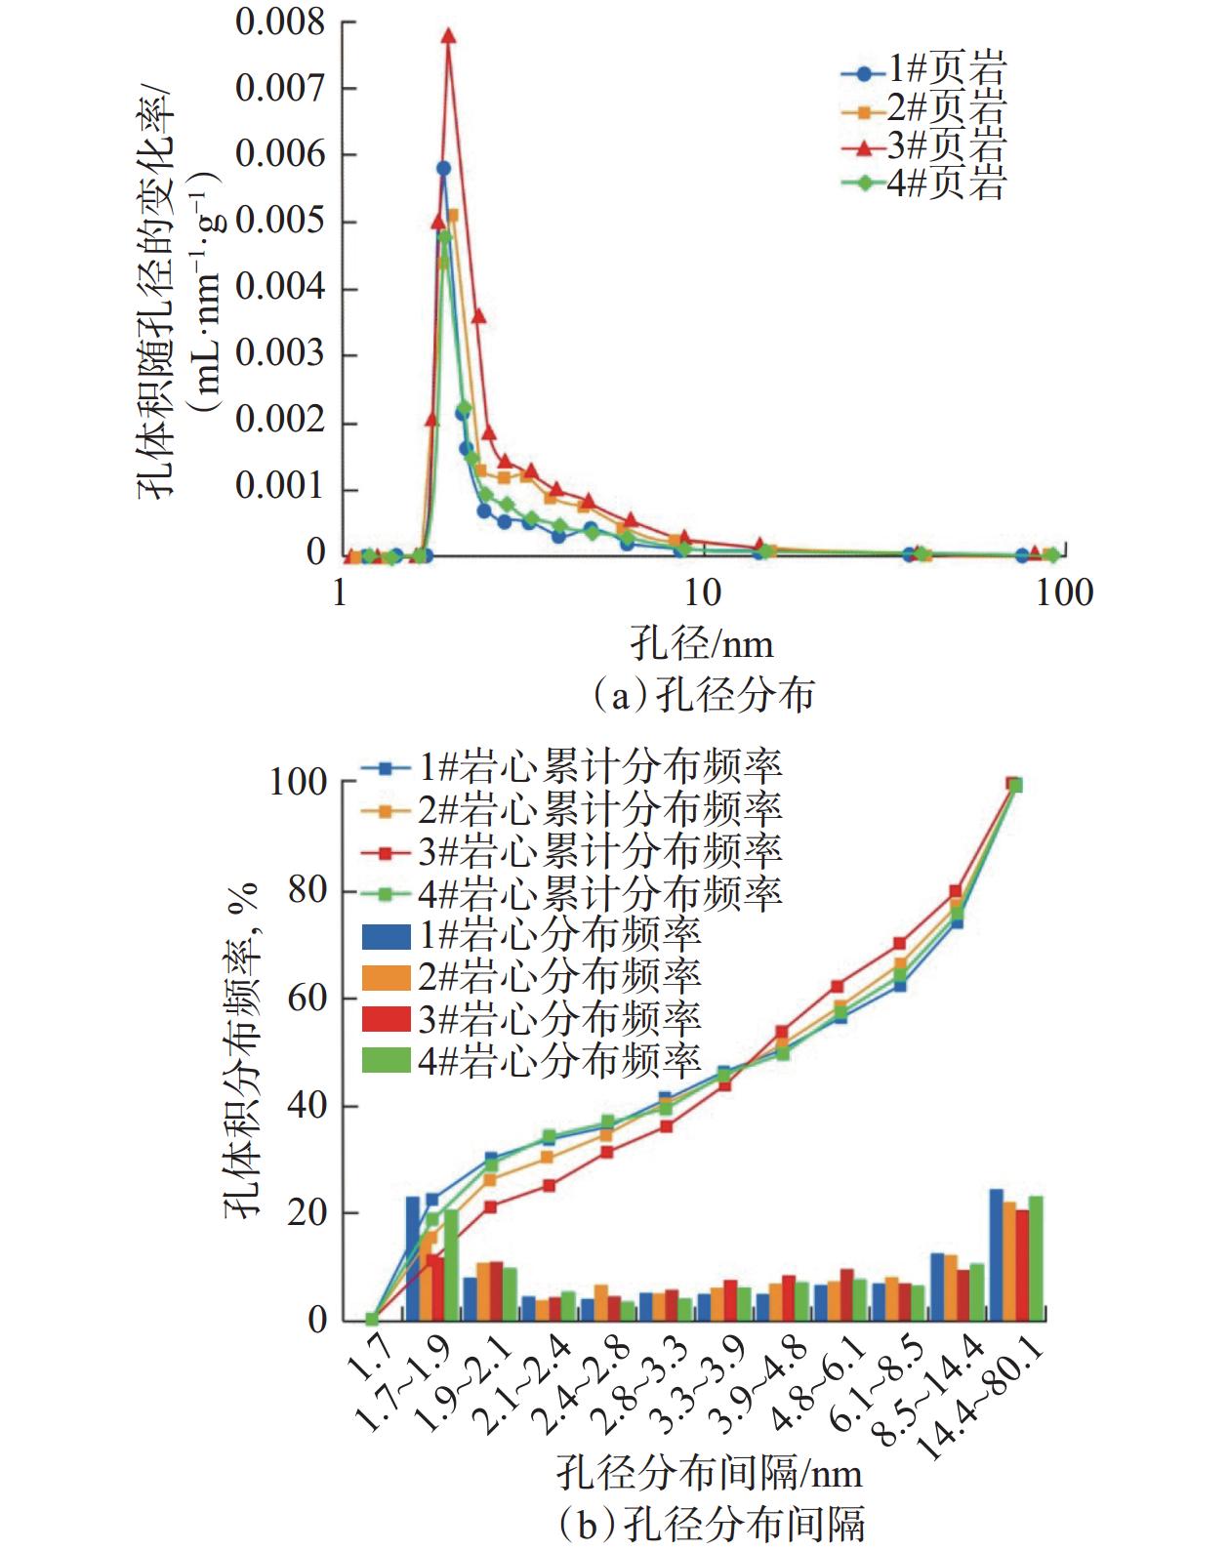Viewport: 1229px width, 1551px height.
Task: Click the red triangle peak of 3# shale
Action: pyautogui.click(x=448, y=36)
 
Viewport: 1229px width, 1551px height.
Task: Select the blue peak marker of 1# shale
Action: pyautogui.click(x=443, y=168)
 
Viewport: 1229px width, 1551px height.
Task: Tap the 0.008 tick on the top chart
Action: pyautogui.click(x=279, y=22)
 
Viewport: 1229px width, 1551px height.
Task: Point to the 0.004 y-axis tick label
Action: pyautogui.click(x=279, y=288)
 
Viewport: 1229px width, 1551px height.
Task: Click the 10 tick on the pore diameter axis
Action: pyautogui.click(x=699, y=592)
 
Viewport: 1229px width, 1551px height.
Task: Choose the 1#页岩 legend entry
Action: pyautogui.click(x=923, y=71)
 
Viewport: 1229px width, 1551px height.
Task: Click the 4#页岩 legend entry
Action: pyautogui.click(x=923, y=183)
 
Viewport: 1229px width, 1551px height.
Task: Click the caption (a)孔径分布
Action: pyautogui.click(x=703, y=695)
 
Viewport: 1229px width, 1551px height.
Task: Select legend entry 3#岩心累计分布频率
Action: pyautogui.click(x=572, y=851)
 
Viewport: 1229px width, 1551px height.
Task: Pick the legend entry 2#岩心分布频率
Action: pyautogui.click(x=532, y=976)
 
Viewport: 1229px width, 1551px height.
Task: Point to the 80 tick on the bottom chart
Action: pyautogui.click(x=307, y=891)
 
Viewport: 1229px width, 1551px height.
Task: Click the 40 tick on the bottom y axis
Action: pyautogui.click(x=307, y=1106)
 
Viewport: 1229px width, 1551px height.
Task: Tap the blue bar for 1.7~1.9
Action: pyautogui.click(x=413, y=1259)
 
